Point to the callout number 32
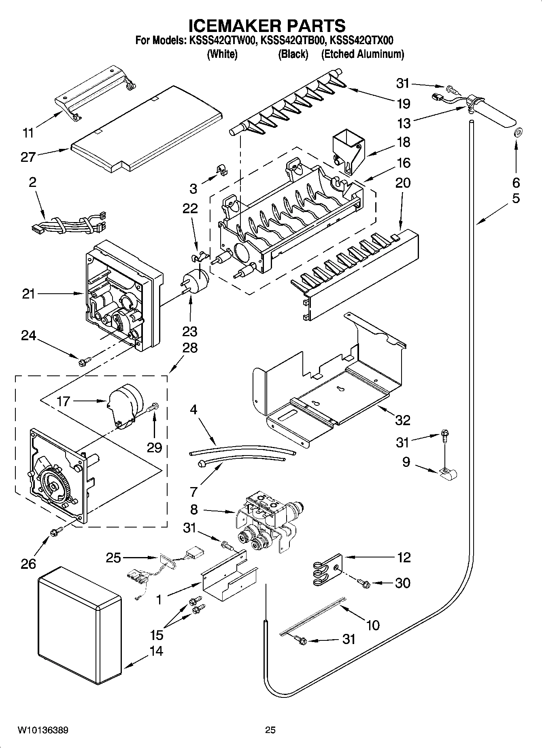tap(402, 420)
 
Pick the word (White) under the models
tap(222, 54)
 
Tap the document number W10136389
tap(43, 730)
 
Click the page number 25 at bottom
tap(270, 730)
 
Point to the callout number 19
tap(403, 104)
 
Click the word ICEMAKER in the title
tap(232, 25)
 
